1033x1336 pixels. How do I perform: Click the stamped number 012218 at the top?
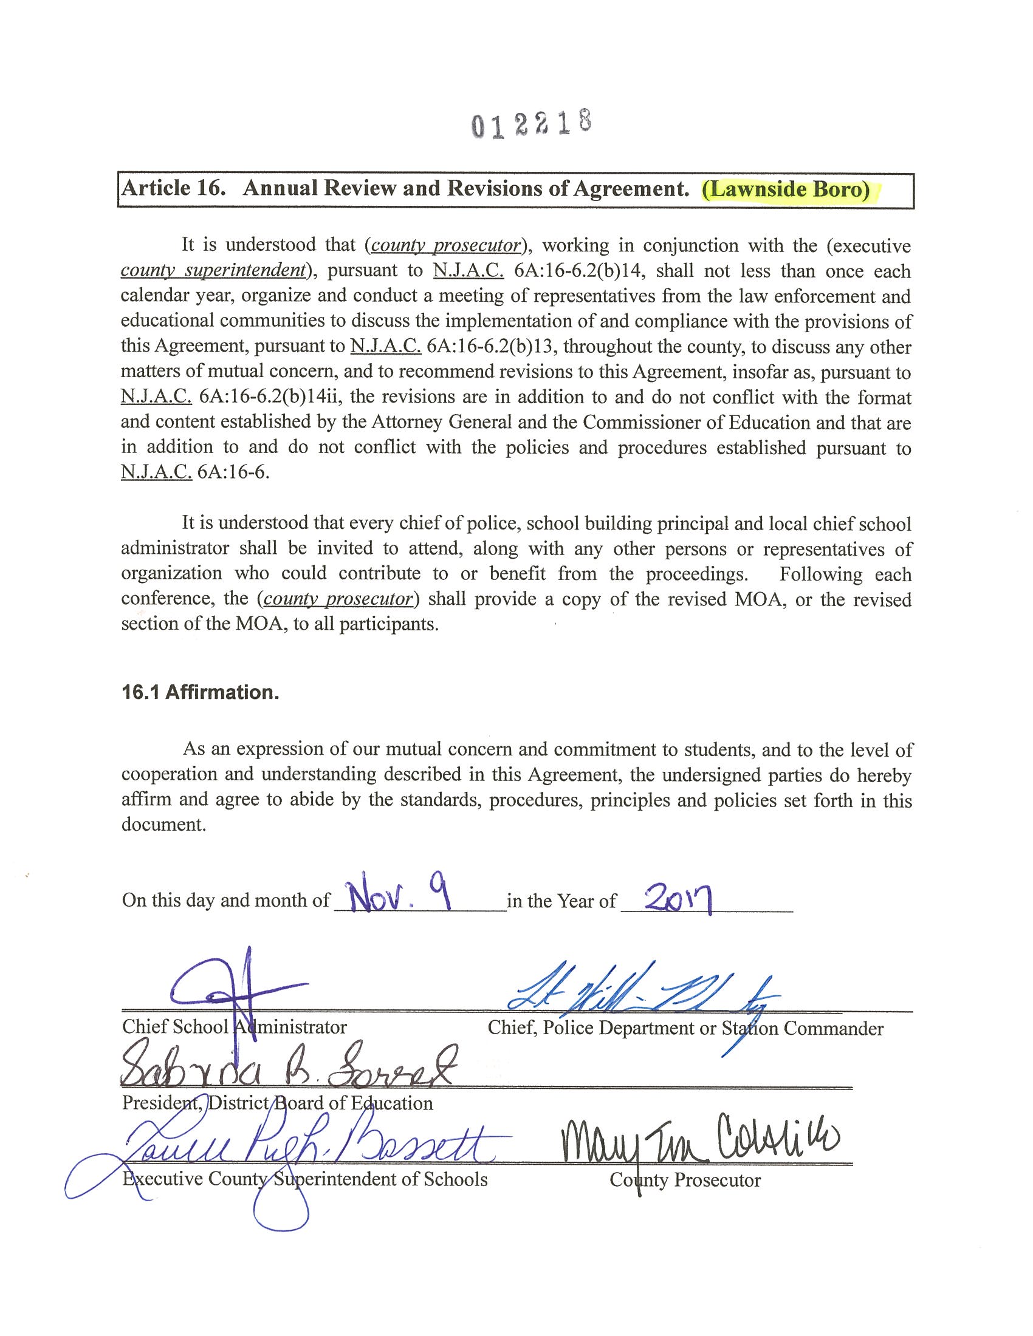(x=531, y=123)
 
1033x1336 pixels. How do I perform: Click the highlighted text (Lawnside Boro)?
(x=786, y=189)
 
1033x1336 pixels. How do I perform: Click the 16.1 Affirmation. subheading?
(x=200, y=692)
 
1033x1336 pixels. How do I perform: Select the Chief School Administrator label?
(x=235, y=1027)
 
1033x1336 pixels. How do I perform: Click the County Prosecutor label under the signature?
(x=685, y=1180)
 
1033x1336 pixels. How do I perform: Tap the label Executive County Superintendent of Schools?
(x=305, y=1179)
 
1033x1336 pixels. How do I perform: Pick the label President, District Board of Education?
(x=277, y=1103)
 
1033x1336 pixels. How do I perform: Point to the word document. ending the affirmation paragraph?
(x=163, y=825)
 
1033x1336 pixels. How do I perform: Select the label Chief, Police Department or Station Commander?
(x=685, y=1028)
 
